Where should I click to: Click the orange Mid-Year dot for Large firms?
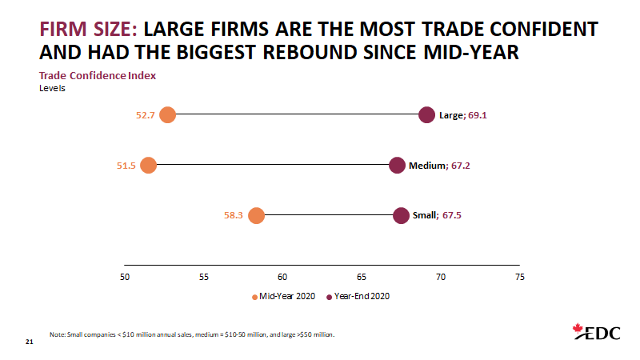click(x=167, y=114)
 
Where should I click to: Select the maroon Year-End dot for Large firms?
click(x=427, y=114)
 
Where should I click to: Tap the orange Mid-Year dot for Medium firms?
click(x=148, y=166)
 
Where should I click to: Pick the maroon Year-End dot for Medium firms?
click(x=397, y=166)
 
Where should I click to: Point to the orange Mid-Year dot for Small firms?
click(x=256, y=215)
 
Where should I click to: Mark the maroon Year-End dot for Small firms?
click(x=402, y=215)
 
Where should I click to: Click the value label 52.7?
click(x=145, y=115)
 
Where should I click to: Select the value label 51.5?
click(x=126, y=166)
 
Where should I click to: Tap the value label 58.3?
click(x=234, y=215)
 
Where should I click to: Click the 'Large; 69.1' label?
click(x=463, y=115)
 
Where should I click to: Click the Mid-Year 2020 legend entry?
click(x=284, y=295)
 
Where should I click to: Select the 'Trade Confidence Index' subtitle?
click(x=98, y=75)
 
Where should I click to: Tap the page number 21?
click(x=30, y=342)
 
